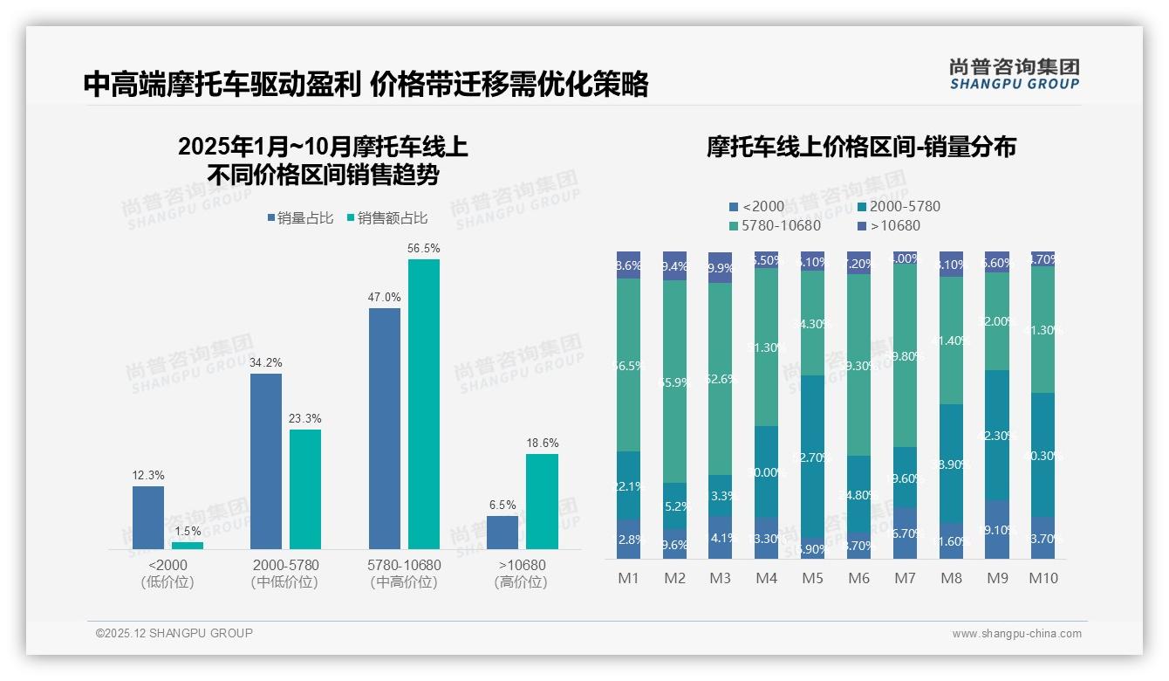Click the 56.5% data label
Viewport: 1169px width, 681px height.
[423, 248]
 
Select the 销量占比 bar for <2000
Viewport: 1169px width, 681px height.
[148, 517]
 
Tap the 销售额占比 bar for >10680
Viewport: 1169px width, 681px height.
[542, 501]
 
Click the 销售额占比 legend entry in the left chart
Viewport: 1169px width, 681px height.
[387, 218]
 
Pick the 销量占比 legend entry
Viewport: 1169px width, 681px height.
[300, 218]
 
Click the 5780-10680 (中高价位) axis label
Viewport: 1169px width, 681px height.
[404, 574]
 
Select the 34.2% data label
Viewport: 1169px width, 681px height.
[266, 362]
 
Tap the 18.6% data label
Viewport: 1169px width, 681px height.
[542, 443]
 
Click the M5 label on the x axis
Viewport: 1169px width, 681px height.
[813, 578]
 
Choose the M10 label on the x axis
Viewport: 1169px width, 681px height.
[1043, 578]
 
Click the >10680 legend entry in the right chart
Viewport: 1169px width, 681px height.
[890, 226]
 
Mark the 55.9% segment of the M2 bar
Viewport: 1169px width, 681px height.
[675, 382]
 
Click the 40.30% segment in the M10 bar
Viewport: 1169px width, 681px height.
[1043, 455]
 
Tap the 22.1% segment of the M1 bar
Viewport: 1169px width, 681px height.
[629, 485]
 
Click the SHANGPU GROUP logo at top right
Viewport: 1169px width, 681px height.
[1014, 73]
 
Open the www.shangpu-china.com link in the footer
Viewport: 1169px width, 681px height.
[1016, 634]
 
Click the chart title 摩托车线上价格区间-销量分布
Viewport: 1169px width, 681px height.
[861, 148]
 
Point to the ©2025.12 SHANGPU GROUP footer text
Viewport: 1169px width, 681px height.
[174, 633]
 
